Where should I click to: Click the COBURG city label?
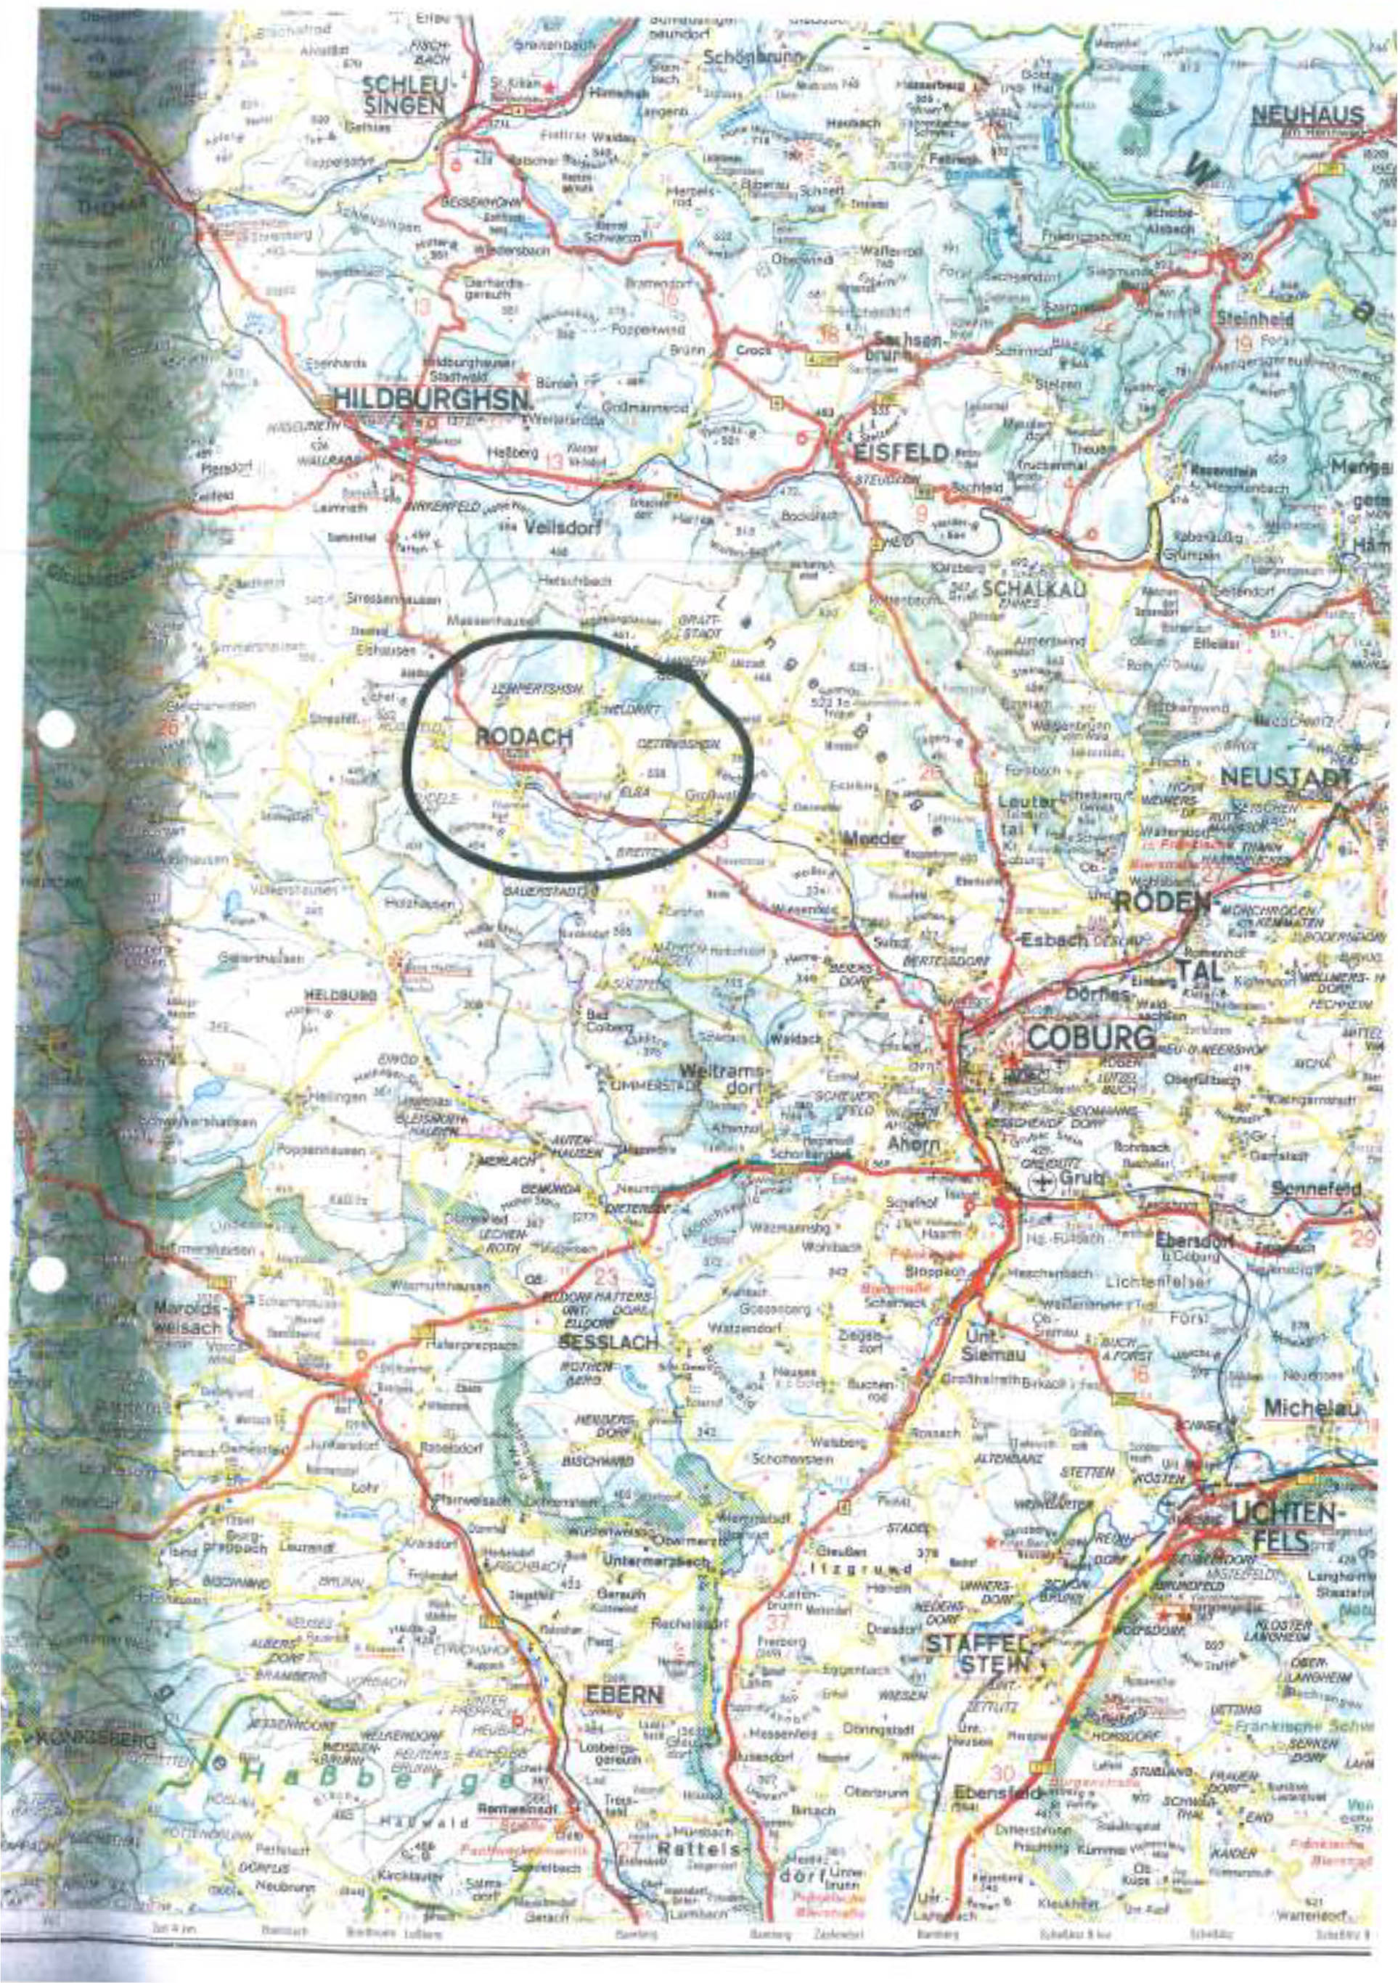pyautogui.click(x=1090, y=1038)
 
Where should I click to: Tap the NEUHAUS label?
pyautogui.click(x=1307, y=115)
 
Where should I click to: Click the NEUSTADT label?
pyautogui.click(x=1284, y=777)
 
